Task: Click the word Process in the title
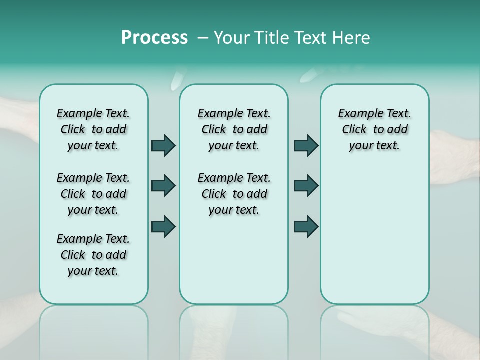154,38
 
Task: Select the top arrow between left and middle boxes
163,145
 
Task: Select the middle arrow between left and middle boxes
163,186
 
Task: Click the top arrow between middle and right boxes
306,145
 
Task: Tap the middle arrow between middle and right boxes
306,186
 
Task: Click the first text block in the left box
93,129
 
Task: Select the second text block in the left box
93,194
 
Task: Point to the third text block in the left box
93,255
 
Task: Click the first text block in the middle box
234,129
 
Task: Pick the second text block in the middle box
234,194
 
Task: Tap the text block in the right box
374,129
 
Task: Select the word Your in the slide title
232,38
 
